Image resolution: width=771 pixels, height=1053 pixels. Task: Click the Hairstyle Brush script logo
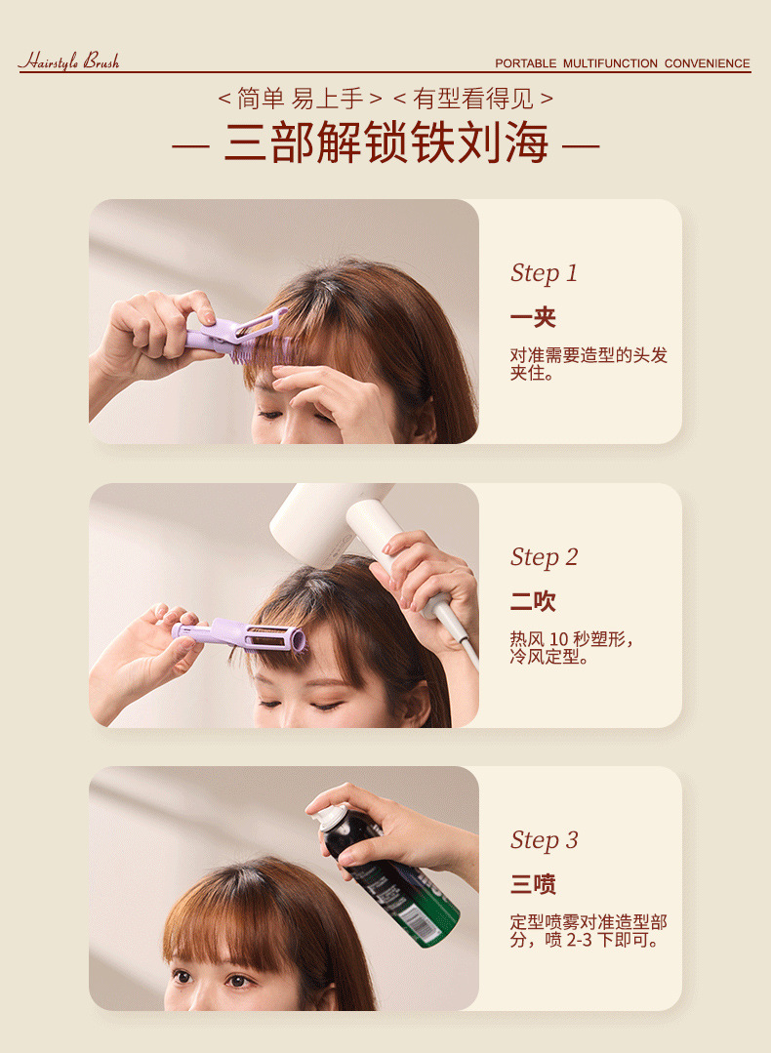click(69, 61)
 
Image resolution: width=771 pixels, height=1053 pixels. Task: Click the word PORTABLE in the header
click(526, 63)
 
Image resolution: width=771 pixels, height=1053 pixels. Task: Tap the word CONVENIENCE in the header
click(708, 63)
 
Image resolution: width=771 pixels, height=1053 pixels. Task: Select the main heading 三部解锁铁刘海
click(385, 143)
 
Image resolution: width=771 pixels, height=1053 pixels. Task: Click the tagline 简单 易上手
click(301, 99)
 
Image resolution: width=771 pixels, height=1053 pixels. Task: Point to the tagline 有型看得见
click(472, 99)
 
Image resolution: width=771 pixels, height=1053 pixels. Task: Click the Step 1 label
click(544, 273)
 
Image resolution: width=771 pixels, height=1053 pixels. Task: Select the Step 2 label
click(544, 557)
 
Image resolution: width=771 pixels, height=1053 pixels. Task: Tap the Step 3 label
click(544, 841)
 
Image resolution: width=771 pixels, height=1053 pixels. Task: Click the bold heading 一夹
click(533, 317)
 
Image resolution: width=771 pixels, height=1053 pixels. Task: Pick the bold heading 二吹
click(533, 601)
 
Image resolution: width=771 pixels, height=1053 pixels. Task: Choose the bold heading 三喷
click(533, 884)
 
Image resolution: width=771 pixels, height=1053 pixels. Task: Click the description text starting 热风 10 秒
click(572, 647)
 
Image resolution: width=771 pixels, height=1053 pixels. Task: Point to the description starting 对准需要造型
click(588, 363)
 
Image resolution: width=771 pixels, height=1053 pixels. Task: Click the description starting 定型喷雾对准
click(588, 931)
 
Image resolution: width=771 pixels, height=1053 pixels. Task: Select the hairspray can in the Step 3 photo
click(388, 874)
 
